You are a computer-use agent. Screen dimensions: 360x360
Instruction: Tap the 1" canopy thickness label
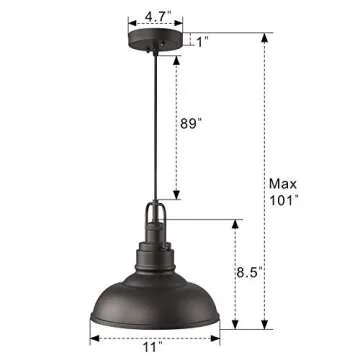[x=202, y=42]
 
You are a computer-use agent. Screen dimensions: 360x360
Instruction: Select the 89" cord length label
[x=191, y=123]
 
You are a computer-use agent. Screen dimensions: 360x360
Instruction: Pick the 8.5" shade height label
[x=259, y=270]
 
